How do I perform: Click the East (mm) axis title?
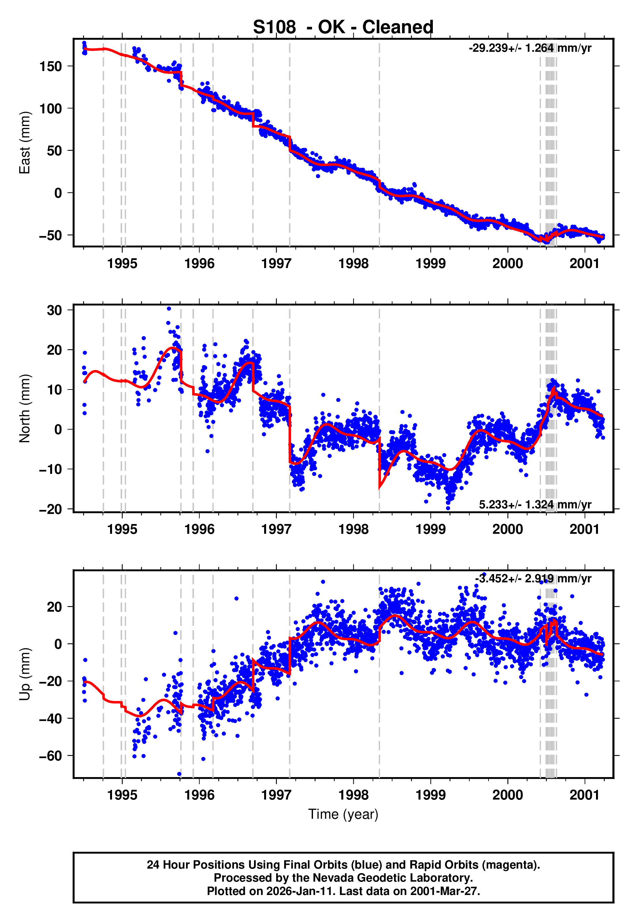(x=25, y=143)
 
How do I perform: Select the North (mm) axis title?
(x=25, y=408)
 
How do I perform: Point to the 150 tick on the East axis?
(x=50, y=66)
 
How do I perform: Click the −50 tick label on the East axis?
(x=50, y=235)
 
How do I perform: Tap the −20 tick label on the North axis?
(x=50, y=509)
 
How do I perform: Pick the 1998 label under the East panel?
(x=353, y=264)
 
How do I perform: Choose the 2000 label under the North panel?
(x=507, y=529)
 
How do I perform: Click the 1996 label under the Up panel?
(x=199, y=795)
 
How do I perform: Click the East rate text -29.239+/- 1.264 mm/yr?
(x=530, y=49)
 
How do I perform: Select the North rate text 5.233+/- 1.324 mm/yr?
(x=535, y=505)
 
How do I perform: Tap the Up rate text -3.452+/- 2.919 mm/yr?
(x=533, y=578)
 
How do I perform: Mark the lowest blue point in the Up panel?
(x=179, y=774)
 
